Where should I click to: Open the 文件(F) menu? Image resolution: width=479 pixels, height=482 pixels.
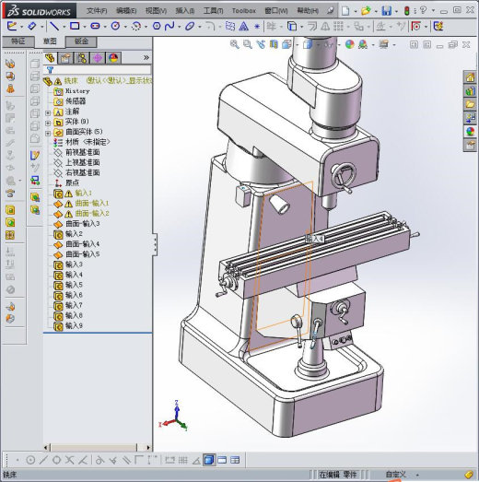(x=97, y=10)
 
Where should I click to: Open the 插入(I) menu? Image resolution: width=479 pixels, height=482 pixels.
(x=184, y=10)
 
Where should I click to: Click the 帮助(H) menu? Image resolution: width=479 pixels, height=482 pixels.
(x=309, y=10)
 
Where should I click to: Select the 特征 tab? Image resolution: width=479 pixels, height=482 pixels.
(x=16, y=41)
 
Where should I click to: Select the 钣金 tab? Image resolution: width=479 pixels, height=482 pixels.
(x=81, y=41)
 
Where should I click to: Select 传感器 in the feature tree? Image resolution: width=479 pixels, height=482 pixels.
(x=76, y=101)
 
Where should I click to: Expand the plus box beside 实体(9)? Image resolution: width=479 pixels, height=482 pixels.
(x=48, y=122)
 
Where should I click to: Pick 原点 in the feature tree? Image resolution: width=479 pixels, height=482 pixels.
(x=73, y=182)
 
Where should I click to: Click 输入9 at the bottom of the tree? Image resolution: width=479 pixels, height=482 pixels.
(x=74, y=325)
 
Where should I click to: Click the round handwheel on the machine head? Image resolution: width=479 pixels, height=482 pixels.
(x=345, y=173)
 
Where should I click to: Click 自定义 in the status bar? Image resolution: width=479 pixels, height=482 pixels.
(x=394, y=474)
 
